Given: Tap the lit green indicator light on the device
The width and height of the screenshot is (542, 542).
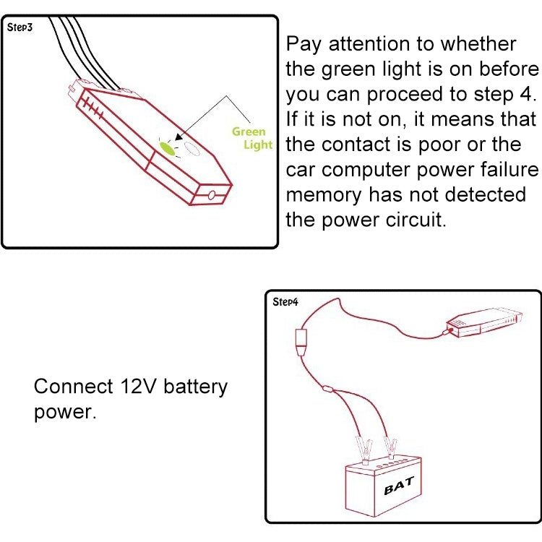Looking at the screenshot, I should click(169, 149).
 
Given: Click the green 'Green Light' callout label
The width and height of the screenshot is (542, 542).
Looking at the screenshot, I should click(251, 138).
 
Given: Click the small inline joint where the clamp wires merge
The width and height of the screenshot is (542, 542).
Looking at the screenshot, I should click(327, 390).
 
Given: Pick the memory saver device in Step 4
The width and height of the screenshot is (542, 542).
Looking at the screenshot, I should click(483, 319).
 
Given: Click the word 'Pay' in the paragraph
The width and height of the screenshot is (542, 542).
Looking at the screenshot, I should click(305, 44).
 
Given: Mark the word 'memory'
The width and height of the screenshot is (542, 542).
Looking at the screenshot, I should click(324, 195).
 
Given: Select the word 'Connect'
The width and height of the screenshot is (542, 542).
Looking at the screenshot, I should click(72, 387).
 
